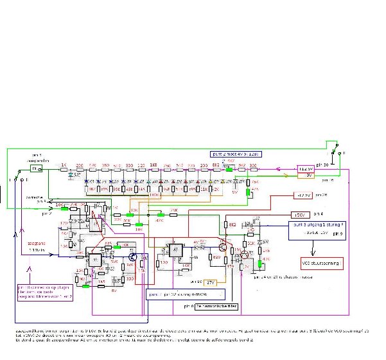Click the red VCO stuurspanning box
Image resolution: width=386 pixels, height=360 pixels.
click(322, 264)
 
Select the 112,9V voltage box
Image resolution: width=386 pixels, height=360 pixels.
click(308, 168)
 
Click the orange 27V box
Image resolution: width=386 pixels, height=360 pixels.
click(211, 282)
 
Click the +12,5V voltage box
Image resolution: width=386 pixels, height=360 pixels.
click(304, 194)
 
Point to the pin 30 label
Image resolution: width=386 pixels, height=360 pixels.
click(324, 165)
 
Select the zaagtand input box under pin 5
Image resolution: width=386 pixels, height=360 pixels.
click(36, 168)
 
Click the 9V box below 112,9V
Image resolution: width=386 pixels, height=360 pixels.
click(308, 175)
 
